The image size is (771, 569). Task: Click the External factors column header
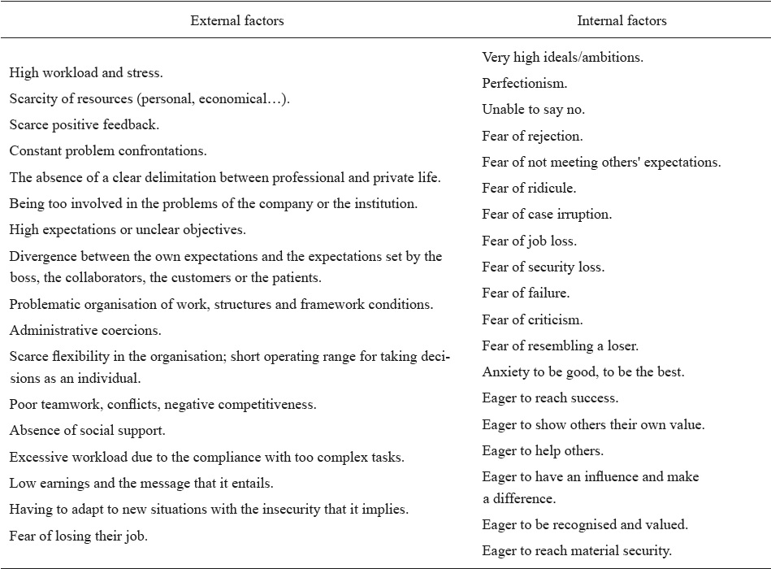237,21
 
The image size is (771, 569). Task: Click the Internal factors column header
622,21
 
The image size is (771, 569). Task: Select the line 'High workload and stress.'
86,73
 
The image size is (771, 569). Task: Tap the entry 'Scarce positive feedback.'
84,125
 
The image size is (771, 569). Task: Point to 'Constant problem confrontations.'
108,151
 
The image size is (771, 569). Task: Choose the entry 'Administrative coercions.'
85,331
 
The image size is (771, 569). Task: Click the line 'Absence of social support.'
87,431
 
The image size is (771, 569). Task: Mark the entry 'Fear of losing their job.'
80,536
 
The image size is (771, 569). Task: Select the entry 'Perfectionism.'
525,84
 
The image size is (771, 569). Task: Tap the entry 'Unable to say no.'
533,110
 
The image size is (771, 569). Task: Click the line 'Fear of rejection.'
532,136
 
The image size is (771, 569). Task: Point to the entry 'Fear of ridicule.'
529,189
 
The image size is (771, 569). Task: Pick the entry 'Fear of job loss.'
530,241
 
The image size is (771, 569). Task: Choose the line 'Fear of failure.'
526,293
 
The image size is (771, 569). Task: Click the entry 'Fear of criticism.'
532,319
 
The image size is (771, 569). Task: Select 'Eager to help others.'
543,450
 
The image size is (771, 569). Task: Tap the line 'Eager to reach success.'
550,398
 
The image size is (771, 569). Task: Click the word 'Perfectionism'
523,84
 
